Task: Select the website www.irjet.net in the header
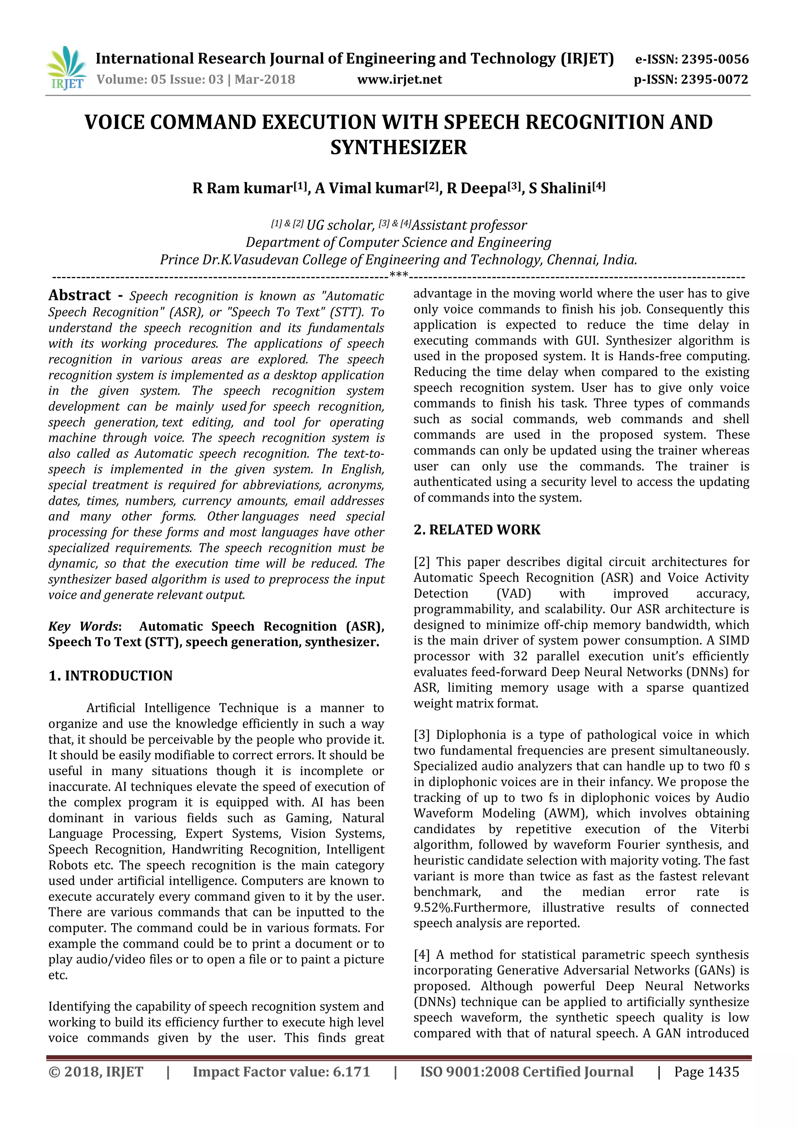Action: [399, 79]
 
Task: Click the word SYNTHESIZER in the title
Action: [399, 147]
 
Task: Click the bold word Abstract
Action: [79, 295]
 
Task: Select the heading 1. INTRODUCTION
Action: [111, 676]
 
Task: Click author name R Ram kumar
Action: [242, 189]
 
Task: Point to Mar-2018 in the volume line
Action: [265, 79]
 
